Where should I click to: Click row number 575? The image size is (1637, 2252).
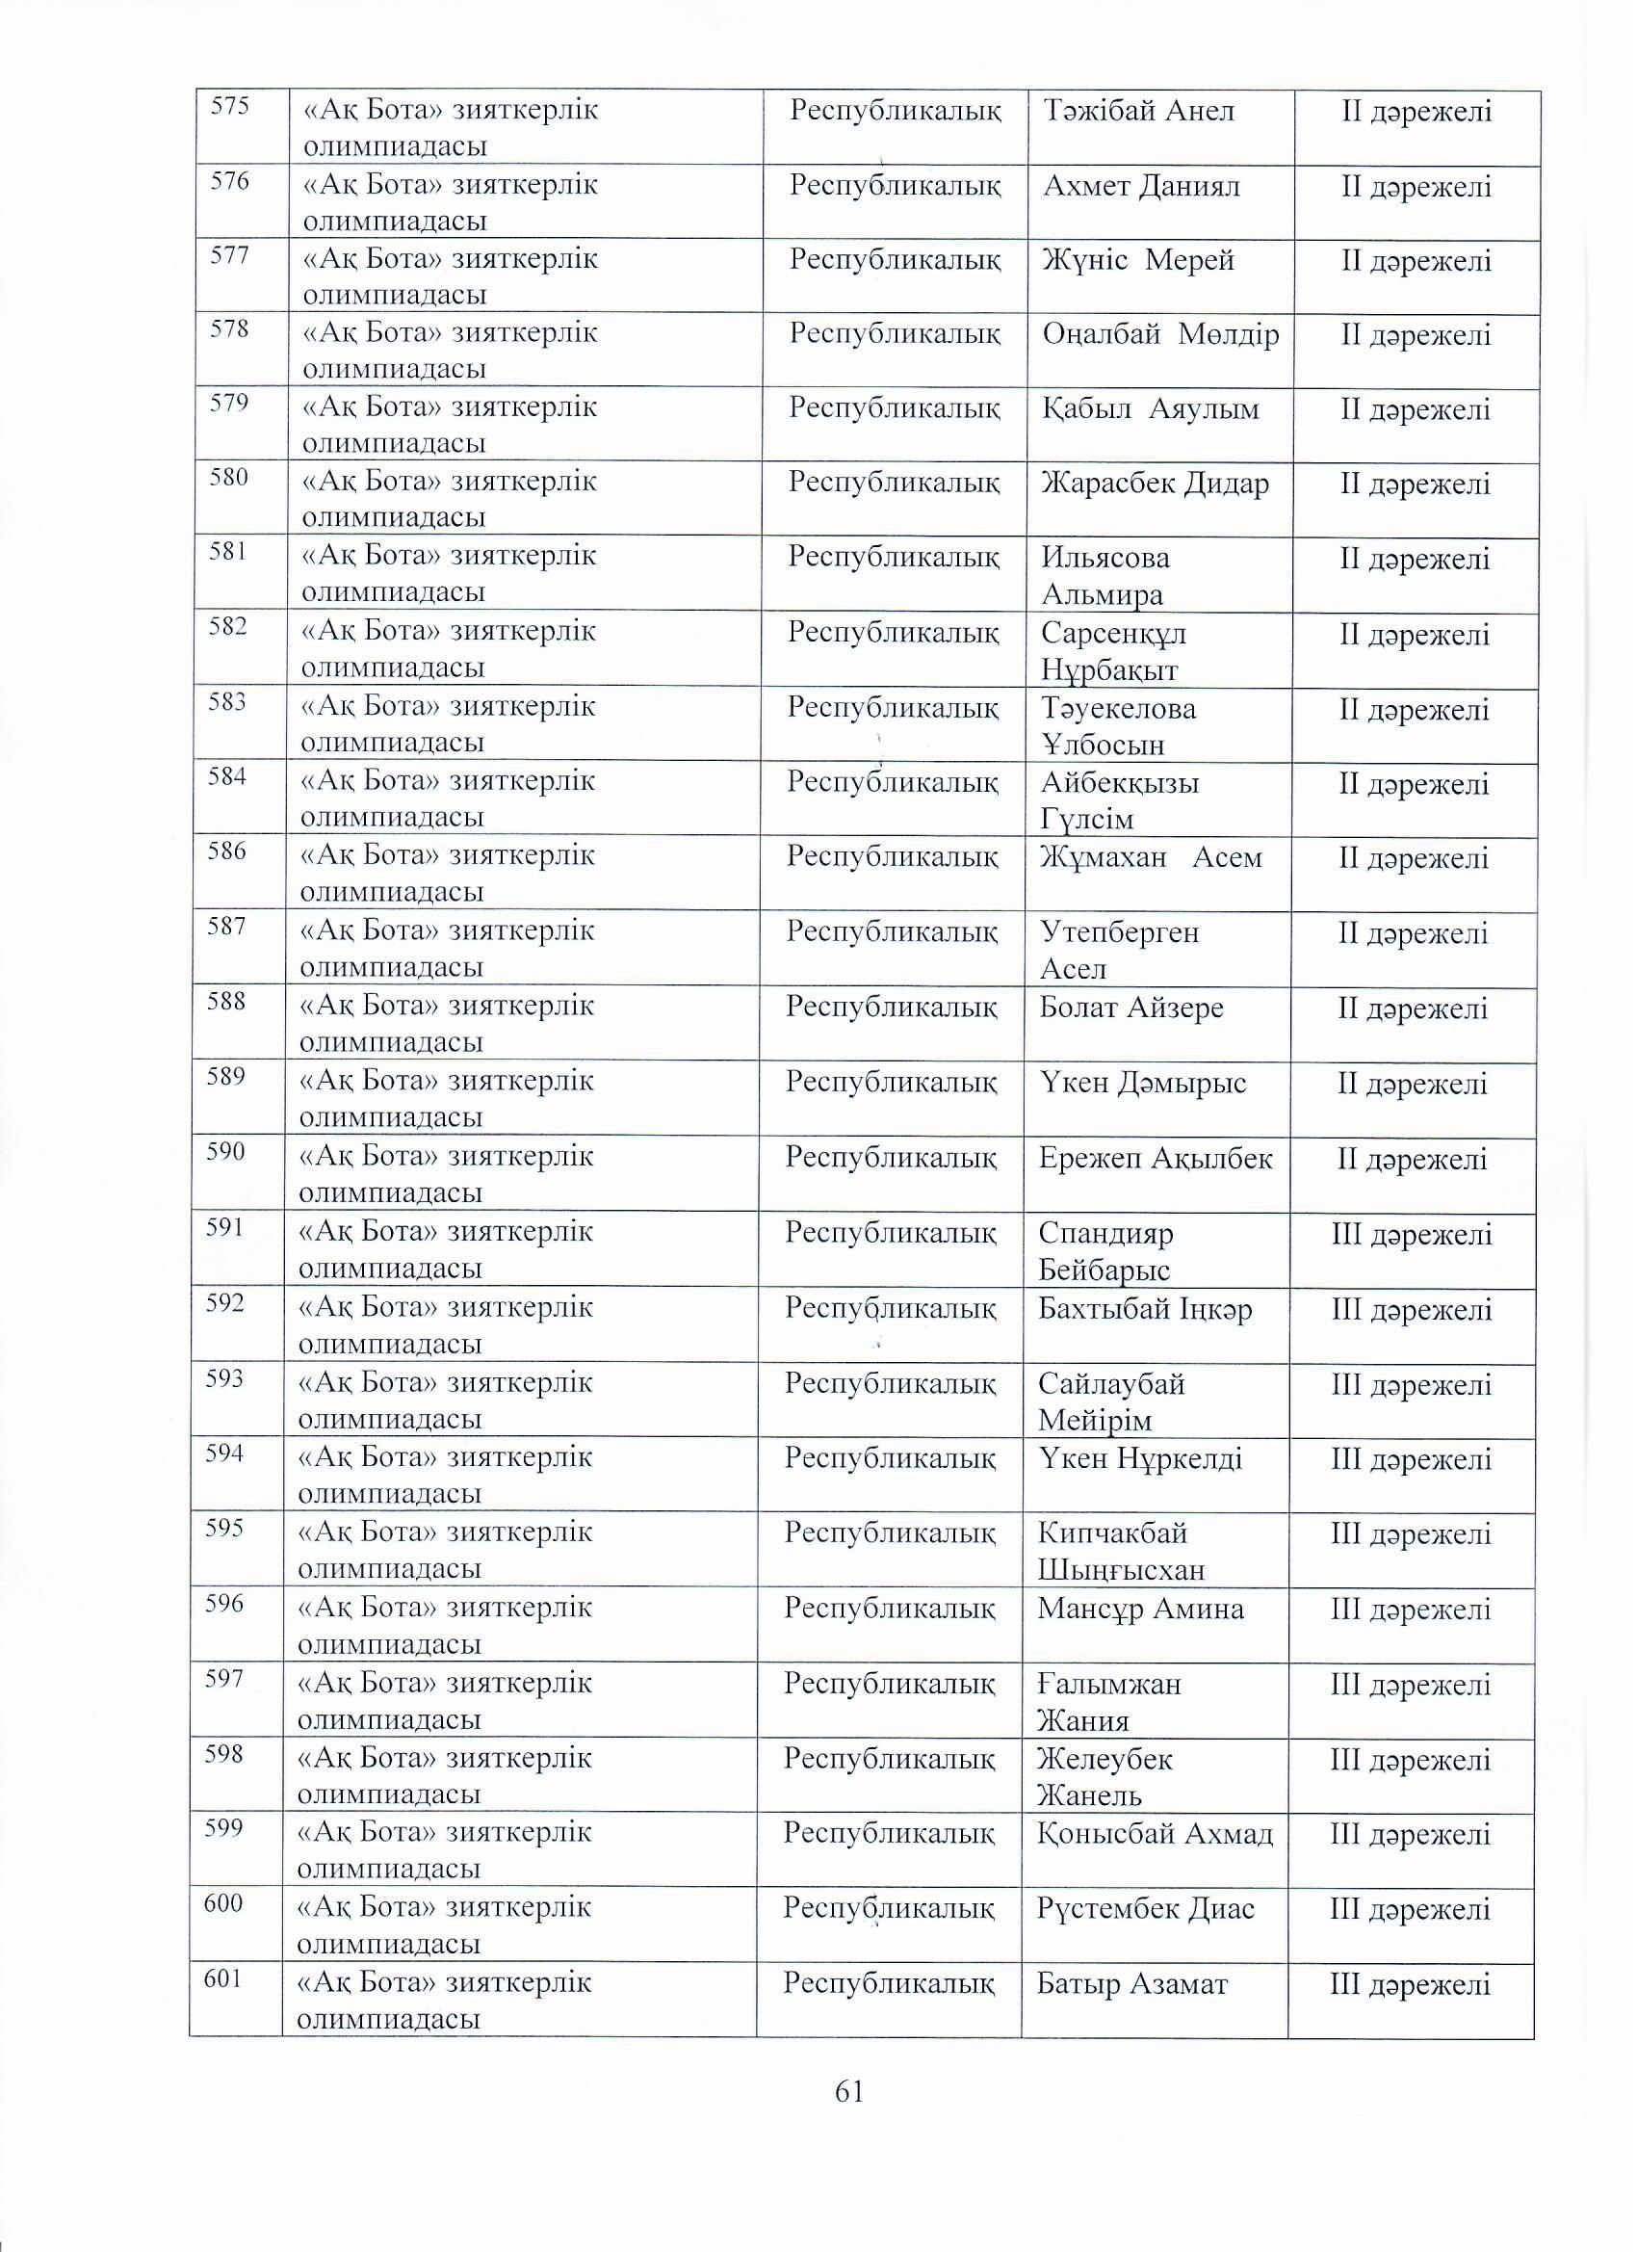pos(229,106)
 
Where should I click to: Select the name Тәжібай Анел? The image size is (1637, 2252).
pos(1138,110)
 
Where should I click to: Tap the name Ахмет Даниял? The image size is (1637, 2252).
pos(1141,186)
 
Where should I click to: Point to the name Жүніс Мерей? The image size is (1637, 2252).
pos(1137,260)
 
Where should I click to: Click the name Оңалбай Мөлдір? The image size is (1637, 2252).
pos(1159,334)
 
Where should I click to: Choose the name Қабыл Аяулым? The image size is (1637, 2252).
pos(1150,409)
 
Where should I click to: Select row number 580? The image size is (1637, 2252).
pos(227,477)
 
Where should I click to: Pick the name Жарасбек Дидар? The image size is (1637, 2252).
pos(1155,484)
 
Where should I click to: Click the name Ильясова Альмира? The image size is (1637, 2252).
pos(1104,576)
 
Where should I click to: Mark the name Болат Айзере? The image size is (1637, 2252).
pos(1130,1008)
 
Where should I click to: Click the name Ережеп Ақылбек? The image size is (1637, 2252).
pos(1155,1158)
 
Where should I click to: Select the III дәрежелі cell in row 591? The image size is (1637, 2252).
pos(1411,1234)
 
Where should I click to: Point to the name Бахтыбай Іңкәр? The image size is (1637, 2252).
pos(1145,1309)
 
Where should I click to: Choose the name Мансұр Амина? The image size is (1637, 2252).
pos(1140,1609)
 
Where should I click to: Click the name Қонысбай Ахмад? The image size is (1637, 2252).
pos(1155,1833)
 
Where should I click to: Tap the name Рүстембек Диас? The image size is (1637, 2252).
pos(1146,1907)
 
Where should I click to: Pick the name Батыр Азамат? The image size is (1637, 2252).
pos(1131,1983)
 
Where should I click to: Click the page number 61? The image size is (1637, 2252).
pos(849,2092)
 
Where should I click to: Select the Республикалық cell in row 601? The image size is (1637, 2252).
pos(889,1983)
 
